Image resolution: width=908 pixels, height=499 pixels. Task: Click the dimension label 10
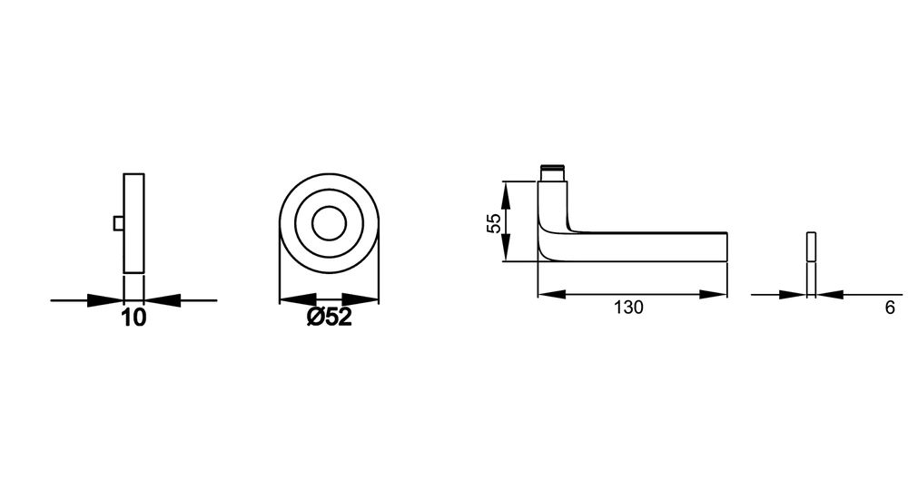click(133, 318)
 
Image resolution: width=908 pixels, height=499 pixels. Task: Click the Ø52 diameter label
click(329, 317)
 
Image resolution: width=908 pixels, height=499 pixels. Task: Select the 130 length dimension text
click(628, 308)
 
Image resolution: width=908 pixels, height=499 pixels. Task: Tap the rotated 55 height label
click(494, 223)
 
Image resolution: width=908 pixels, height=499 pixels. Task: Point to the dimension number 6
click(890, 308)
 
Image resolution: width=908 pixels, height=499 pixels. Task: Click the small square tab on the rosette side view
click(118, 223)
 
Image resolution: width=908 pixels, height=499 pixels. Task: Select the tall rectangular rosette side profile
click(133, 223)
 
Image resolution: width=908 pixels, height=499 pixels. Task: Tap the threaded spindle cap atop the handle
click(552, 172)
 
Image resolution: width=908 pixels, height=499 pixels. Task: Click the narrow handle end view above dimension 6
click(811, 247)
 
